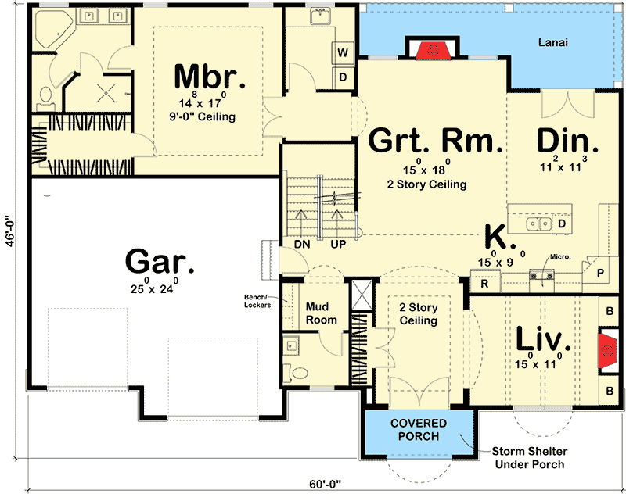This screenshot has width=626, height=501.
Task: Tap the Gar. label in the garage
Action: click(160, 261)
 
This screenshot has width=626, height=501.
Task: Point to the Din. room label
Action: click(568, 141)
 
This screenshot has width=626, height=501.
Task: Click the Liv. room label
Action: click(543, 338)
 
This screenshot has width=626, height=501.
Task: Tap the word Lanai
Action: click(553, 42)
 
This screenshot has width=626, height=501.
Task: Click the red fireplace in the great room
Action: click(433, 50)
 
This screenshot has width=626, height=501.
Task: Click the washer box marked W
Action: click(343, 52)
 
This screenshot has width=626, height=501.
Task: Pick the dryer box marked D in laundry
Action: click(343, 77)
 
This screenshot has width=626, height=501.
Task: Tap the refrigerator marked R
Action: click(485, 282)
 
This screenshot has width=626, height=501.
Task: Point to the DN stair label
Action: click(302, 244)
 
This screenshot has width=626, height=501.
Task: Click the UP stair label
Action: click(338, 244)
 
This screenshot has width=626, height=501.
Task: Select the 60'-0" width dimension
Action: click(326, 485)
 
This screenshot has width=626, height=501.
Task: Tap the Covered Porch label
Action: click(419, 430)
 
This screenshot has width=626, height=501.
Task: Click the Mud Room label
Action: click(321, 313)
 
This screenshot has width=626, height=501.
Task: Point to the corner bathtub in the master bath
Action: click(53, 29)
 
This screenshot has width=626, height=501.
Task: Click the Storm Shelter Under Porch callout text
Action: click(530, 458)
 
